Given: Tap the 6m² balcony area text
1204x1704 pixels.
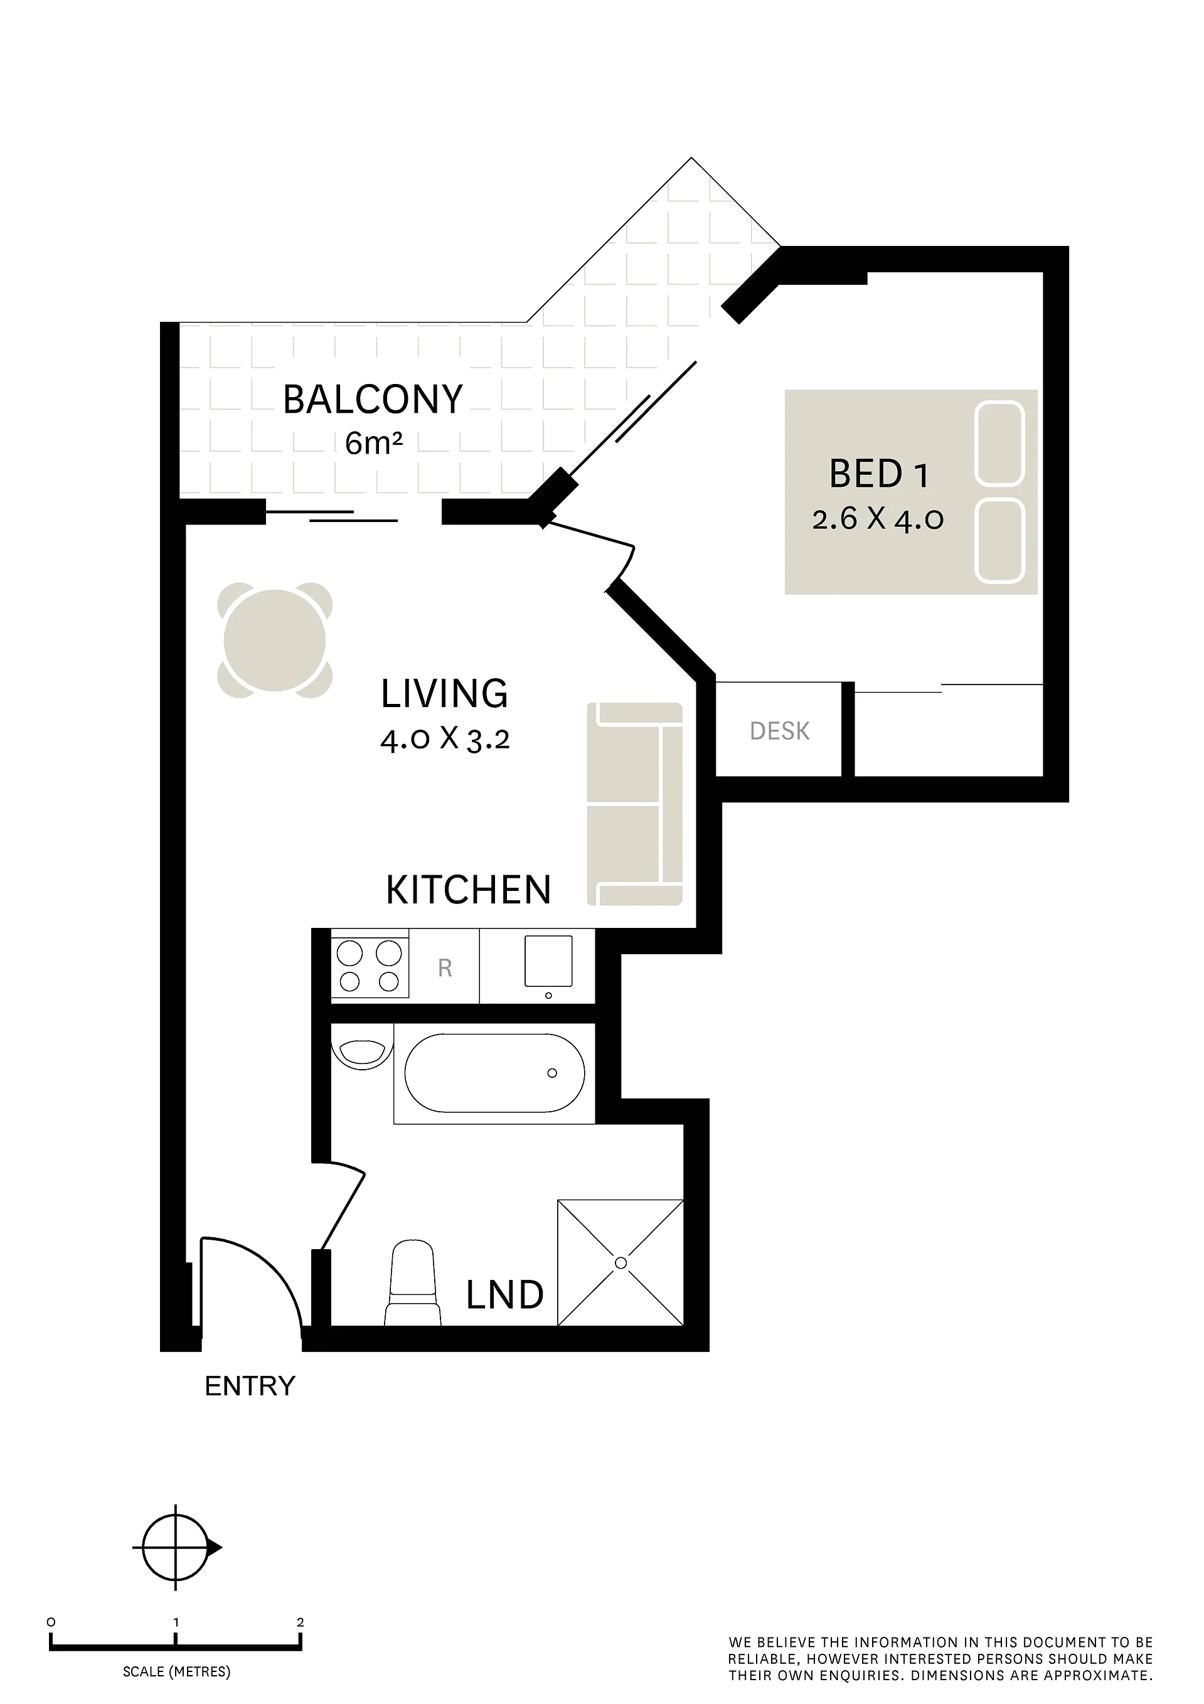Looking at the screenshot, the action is click(374, 443).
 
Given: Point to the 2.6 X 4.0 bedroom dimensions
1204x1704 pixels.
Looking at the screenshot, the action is click(878, 518).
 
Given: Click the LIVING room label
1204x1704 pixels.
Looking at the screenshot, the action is click(444, 693).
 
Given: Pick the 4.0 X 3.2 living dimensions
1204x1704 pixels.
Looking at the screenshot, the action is click(445, 739).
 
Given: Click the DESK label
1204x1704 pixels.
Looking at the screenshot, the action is click(779, 731).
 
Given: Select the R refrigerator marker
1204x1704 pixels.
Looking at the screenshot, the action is click(445, 968).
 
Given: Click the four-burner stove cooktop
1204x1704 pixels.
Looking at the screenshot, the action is click(370, 966).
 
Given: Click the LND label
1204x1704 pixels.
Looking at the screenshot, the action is click(505, 1295).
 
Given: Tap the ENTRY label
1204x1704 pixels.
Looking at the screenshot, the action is click(250, 1387).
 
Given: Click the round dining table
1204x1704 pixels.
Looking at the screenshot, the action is click(275, 640).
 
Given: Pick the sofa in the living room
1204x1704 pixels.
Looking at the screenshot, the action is click(635, 804).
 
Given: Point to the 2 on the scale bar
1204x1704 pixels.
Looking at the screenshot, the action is click(300, 1622).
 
